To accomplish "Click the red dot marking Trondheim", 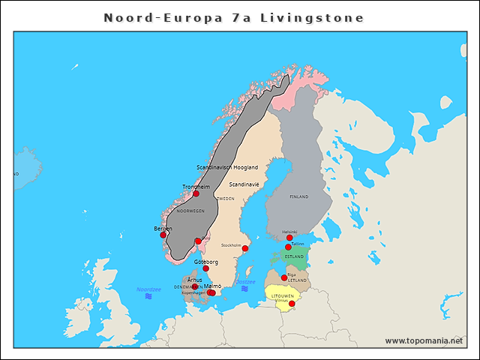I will tap(196, 193).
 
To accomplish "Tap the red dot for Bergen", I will tap(163, 235).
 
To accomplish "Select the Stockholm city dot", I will tap(245, 248).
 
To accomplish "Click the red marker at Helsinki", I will tap(289, 238).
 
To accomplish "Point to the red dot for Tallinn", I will tap(288, 247).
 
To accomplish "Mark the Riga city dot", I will tap(284, 277).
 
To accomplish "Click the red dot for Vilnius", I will tap(292, 304).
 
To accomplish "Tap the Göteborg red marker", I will tap(205, 268).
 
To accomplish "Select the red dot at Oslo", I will tap(198, 241).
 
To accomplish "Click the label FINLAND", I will tap(298, 196).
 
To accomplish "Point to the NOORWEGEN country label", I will tap(190, 211).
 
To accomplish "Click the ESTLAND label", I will tap(294, 257).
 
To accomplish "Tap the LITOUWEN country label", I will tap(283, 296).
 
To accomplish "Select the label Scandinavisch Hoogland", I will tap(227, 167).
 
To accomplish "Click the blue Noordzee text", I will tap(148, 289).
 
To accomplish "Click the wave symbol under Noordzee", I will tap(148, 296).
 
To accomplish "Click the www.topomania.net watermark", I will tap(424, 340).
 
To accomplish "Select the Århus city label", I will tap(194, 279).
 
